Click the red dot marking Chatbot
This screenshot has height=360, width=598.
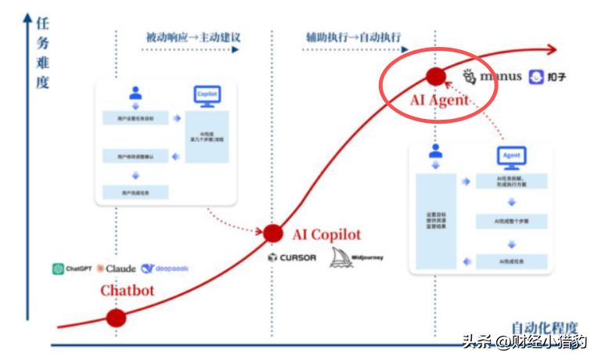116,318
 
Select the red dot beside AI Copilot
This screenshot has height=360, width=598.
272,232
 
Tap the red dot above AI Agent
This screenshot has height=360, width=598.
435,76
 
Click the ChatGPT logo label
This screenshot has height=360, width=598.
73,268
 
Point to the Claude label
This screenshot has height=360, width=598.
117,268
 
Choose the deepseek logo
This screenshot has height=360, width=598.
165,268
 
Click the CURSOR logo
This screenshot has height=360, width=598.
291,257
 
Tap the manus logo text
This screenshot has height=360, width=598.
492,77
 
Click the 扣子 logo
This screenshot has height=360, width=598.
547,77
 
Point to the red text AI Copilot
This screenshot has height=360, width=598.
327,235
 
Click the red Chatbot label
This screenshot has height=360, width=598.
127,290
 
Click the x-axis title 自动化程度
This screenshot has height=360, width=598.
545,328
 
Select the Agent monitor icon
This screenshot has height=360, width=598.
512,157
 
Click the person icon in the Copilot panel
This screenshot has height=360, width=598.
135,93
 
